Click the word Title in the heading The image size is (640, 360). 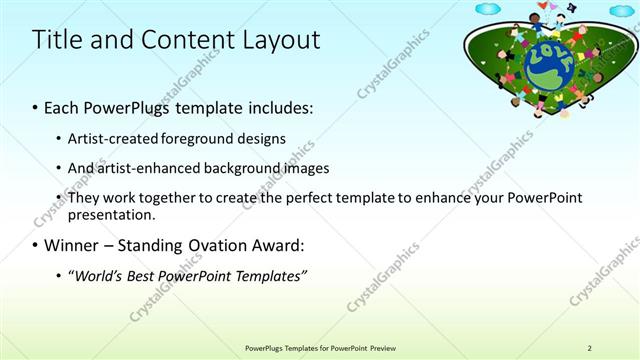56,40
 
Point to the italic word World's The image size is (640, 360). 97,276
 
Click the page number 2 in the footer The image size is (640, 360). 589,347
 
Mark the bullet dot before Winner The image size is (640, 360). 36,246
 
